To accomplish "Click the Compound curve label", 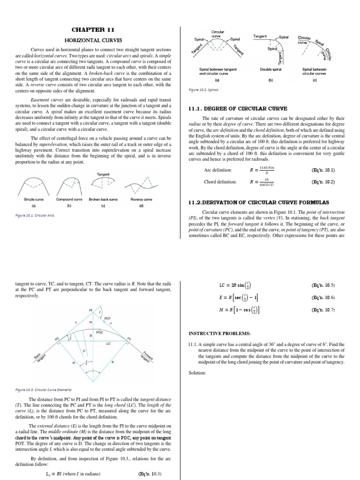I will [69, 199].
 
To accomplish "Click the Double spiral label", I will [270, 69].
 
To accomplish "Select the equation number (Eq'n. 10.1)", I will [323, 170].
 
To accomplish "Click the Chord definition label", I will [220, 182].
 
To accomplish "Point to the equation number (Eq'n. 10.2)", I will [323, 182].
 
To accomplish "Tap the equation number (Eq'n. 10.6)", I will [323, 298].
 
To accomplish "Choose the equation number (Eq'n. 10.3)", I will [150, 473].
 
